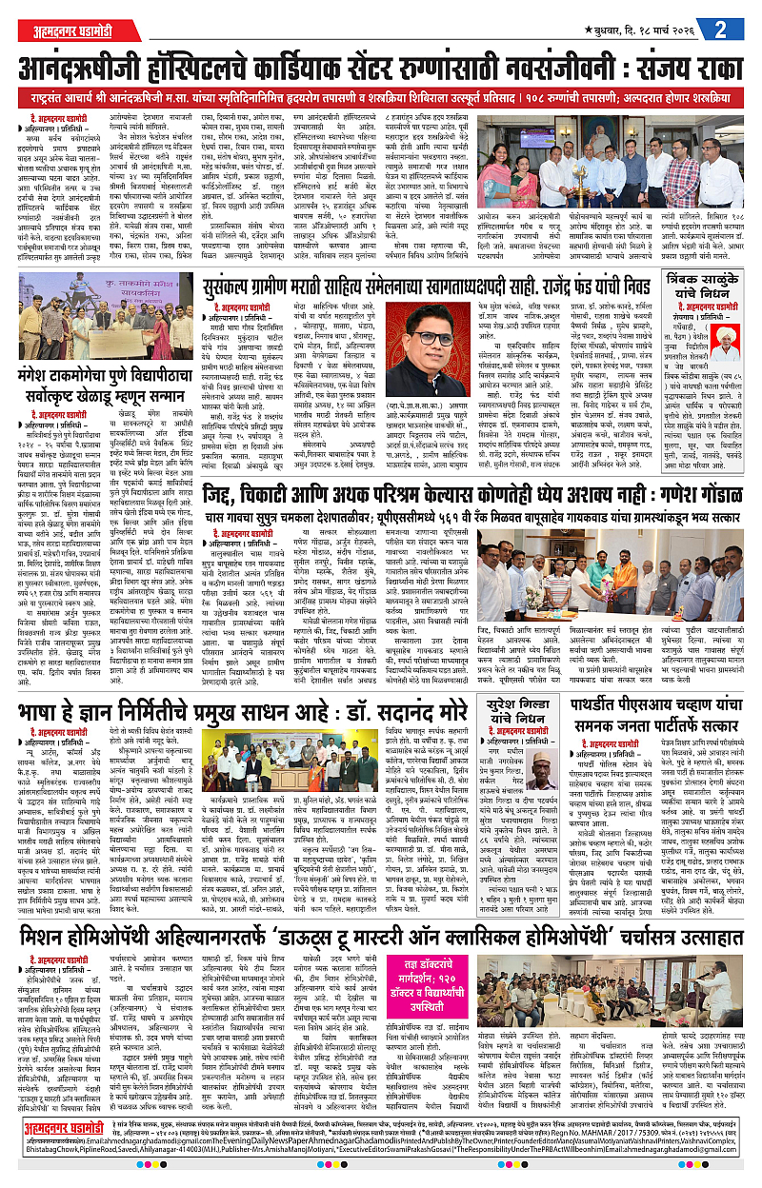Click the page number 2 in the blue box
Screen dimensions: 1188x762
(735, 27)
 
